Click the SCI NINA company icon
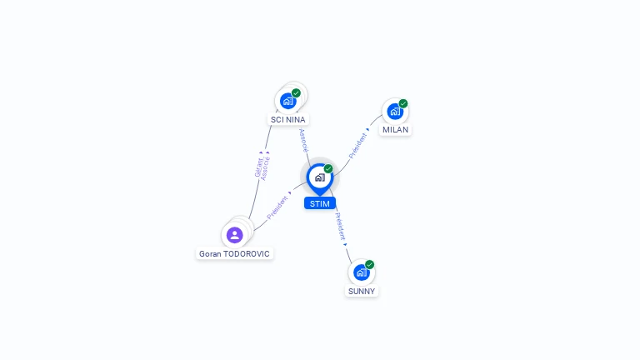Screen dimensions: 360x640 point(288,101)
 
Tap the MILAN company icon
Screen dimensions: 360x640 point(395,112)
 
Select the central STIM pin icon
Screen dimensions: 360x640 point(319,177)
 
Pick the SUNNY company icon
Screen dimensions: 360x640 point(361,272)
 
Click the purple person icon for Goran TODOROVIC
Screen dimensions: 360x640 point(234,235)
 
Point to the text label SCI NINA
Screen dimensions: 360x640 point(288,120)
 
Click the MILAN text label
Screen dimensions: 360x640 point(396,130)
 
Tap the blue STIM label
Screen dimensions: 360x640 point(319,203)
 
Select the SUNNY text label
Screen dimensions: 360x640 point(362,292)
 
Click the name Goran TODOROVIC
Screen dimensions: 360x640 point(234,253)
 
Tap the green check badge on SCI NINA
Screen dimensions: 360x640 point(296,93)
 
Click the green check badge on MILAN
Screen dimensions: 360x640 point(403,104)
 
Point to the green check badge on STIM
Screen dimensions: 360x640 point(328,168)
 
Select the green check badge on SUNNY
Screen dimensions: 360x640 point(369,265)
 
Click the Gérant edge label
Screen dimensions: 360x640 point(258,166)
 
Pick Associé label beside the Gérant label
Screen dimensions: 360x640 point(266,167)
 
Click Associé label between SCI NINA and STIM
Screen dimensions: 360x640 point(303,139)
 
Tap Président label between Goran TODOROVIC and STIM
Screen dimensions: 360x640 point(278,207)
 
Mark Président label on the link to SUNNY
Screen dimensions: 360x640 point(340,227)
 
